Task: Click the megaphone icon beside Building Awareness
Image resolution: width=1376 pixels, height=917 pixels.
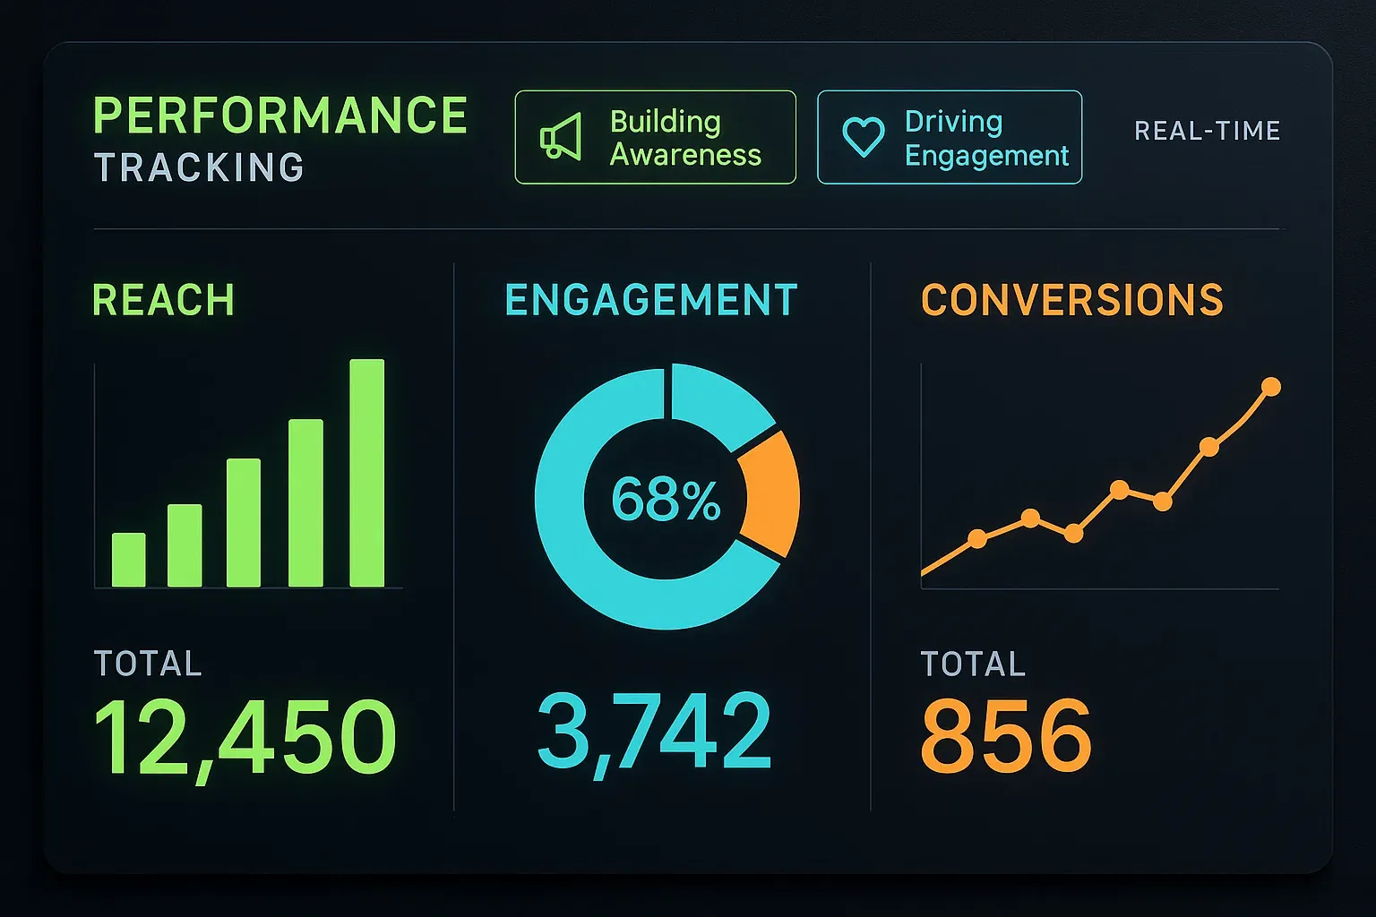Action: [x=561, y=137]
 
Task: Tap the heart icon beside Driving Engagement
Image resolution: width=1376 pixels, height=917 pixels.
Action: [x=864, y=137]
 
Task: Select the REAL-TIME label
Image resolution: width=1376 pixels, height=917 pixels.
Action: [x=1207, y=131]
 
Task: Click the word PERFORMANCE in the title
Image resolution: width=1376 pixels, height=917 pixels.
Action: [x=280, y=116]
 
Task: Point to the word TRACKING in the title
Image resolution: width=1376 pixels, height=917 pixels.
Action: [x=199, y=167]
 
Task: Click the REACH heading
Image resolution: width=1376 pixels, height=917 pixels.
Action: [x=163, y=300]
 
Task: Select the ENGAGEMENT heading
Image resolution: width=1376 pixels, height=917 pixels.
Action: [x=651, y=300]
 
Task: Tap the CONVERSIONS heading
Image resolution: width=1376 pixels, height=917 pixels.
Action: [x=1072, y=300]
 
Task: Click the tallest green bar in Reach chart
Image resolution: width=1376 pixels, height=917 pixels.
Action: [x=366, y=473]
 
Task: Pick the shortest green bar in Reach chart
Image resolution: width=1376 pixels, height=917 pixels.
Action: [x=128, y=560]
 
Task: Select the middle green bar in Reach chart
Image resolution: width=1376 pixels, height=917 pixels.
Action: [x=244, y=522]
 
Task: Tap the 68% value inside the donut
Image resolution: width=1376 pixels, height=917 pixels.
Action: [x=666, y=499]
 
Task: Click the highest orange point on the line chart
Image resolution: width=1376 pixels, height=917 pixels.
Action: [x=1270, y=387]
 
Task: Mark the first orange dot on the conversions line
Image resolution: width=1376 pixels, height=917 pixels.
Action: [x=977, y=538]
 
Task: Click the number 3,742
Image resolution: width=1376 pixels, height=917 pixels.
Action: [x=654, y=733]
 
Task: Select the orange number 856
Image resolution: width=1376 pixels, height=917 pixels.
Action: [x=1006, y=736]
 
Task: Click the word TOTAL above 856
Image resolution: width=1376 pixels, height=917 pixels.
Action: [x=973, y=664]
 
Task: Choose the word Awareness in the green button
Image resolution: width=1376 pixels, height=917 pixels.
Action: [x=685, y=155]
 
